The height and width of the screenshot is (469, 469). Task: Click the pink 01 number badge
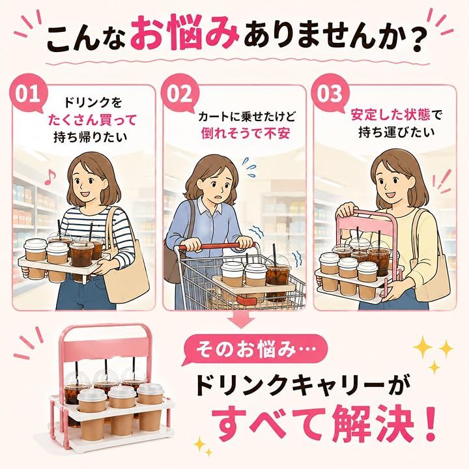coord(27,93)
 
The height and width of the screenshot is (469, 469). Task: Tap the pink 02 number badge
coord(180,93)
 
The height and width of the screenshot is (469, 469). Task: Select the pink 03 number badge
coord(330,93)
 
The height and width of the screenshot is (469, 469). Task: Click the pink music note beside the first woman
coord(50,177)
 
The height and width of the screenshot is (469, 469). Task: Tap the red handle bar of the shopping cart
coord(218,246)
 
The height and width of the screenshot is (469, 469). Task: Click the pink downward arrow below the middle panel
coord(242,319)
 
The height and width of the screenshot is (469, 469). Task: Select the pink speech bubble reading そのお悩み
coord(255,350)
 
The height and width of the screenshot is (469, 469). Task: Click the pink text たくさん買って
coord(92,121)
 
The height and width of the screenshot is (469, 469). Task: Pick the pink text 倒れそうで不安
coord(246,133)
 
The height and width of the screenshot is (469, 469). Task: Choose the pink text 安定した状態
coord(390,115)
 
